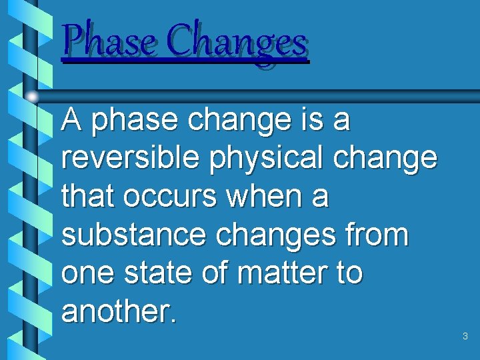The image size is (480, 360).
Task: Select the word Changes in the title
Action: click(x=237, y=41)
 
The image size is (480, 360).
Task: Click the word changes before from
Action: click(x=269, y=236)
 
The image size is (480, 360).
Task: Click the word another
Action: click(x=118, y=311)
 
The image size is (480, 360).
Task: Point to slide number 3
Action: click(x=465, y=337)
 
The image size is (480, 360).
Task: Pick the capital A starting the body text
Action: click(x=71, y=121)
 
